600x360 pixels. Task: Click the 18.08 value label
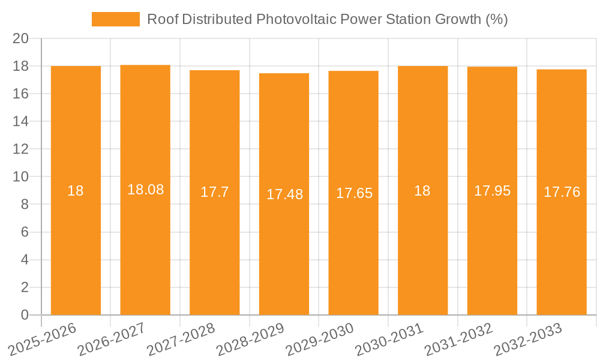(145, 190)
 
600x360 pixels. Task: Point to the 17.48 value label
(284, 194)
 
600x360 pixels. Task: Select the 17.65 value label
(354, 193)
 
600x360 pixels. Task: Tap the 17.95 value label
(492, 191)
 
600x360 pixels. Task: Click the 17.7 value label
(214, 193)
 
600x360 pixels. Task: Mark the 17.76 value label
(562, 193)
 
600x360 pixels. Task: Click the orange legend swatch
(115, 19)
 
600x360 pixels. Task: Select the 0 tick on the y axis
(25, 315)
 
